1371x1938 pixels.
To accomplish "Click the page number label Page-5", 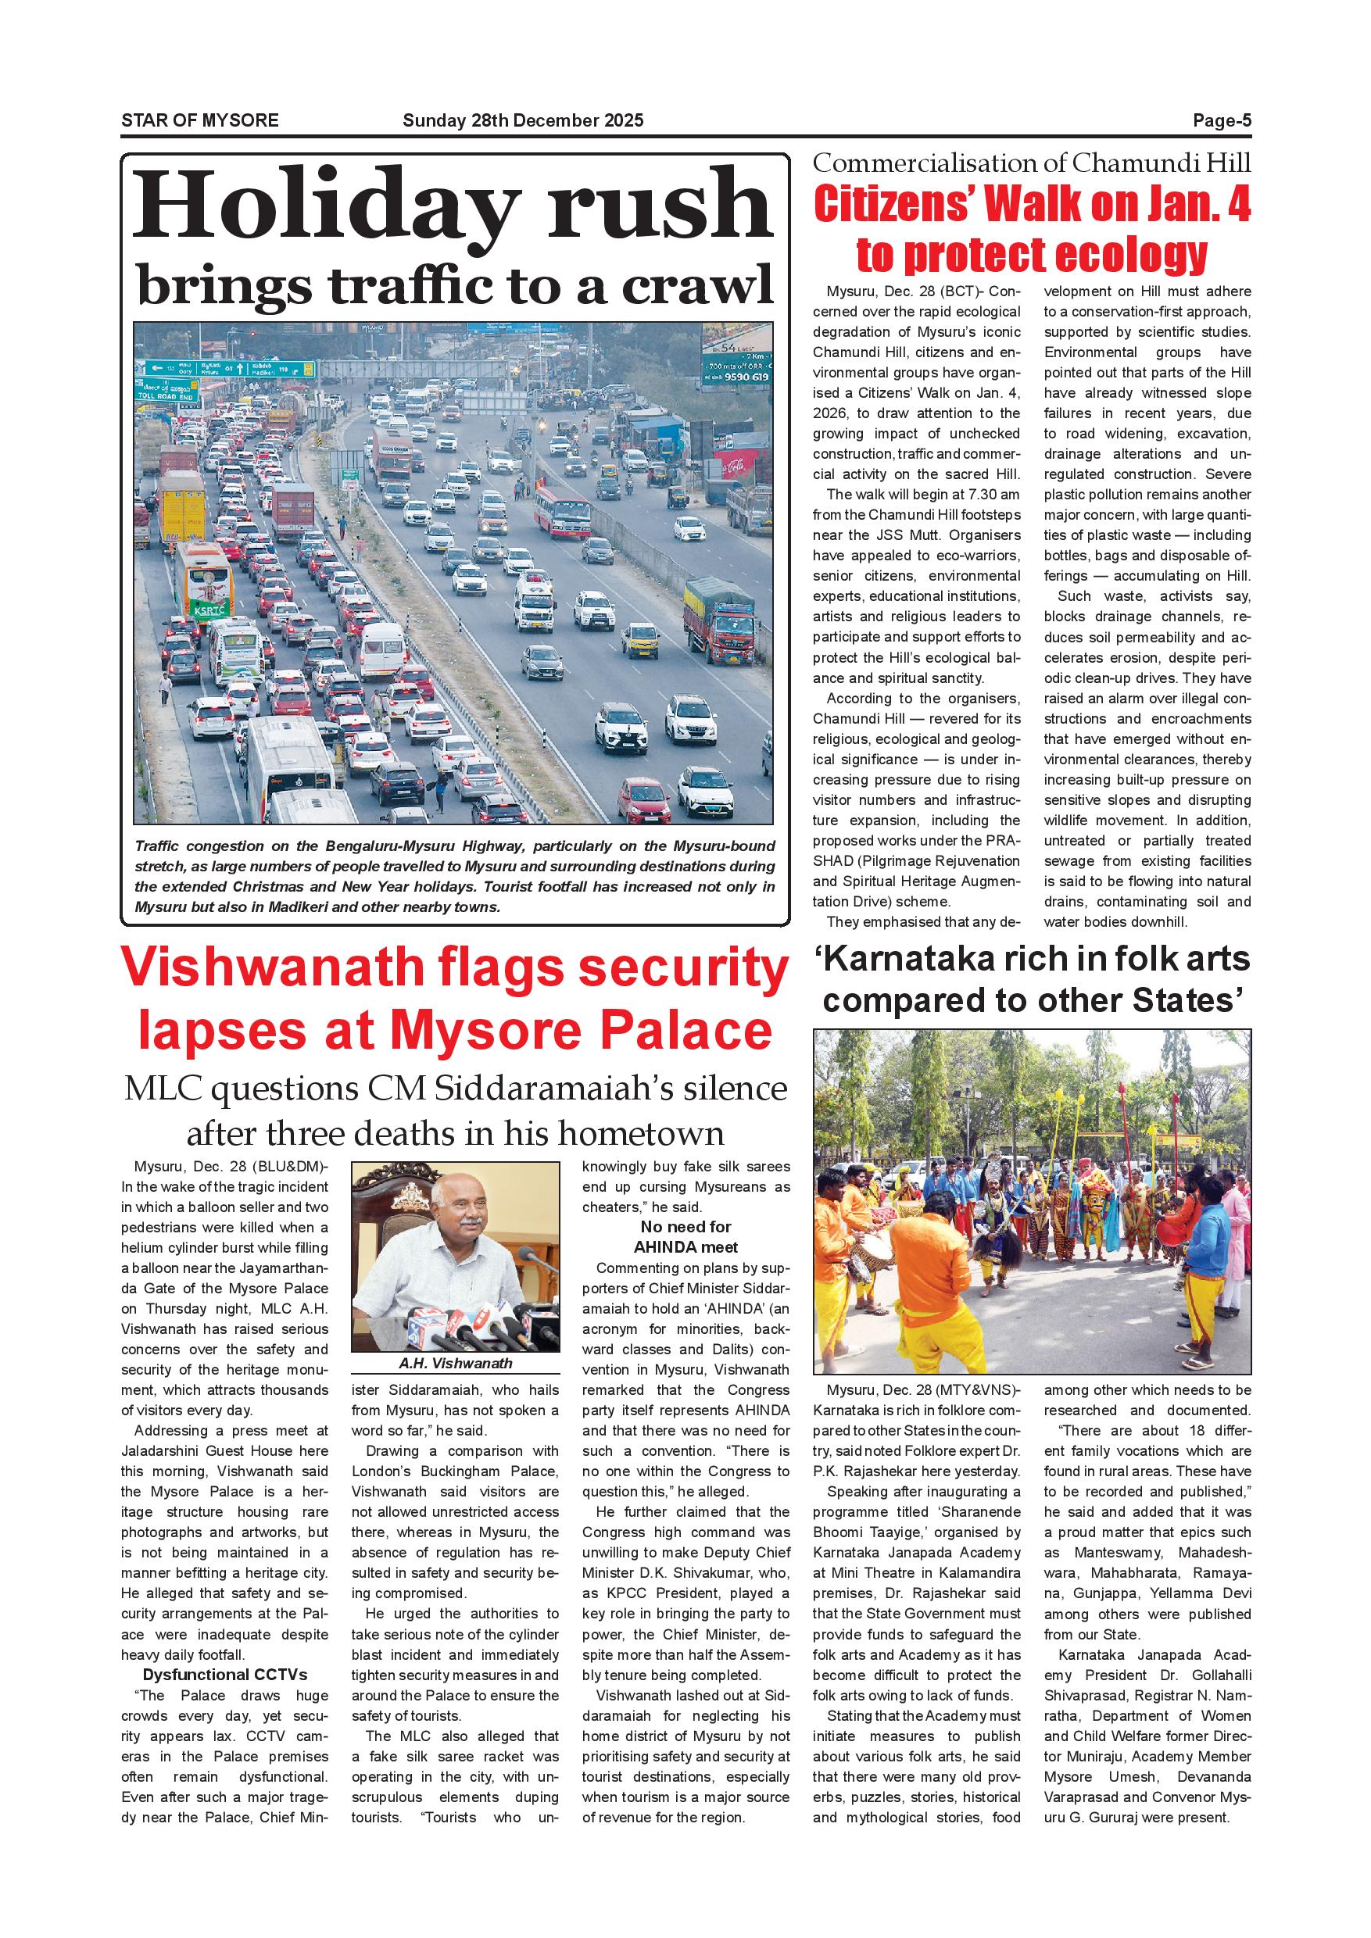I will coord(1221,120).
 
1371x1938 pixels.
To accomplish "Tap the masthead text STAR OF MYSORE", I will coord(200,120).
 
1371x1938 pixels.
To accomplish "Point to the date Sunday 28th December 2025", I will coord(523,120).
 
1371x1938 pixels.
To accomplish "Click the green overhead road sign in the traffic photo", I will coord(229,369).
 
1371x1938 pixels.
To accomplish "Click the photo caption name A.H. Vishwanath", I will coord(455,1363).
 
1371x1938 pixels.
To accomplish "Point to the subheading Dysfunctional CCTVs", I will coord(224,1675).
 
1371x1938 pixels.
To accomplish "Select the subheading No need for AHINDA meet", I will coord(685,1236).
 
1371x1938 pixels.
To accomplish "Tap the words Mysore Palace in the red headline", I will coord(582,1031).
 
